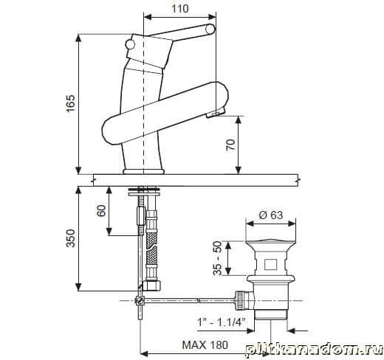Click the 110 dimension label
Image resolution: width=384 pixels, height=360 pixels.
pyautogui.click(x=180, y=9)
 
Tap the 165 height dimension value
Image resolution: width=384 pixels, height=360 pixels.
pyautogui.click(x=71, y=103)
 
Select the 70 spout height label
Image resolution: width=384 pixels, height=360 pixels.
pyautogui.click(x=230, y=145)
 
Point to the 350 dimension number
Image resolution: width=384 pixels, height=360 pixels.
pyautogui.click(x=71, y=238)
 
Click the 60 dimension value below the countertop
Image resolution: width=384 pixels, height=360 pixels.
pyautogui.click(x=101, y=210)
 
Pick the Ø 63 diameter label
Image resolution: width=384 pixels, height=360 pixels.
pyautogui.click(x=271, y=215)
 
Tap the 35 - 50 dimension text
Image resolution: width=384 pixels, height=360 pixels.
pyautogui.click(x=218, y=258)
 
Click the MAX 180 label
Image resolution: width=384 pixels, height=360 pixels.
pyautogui.click(x=205, y=345)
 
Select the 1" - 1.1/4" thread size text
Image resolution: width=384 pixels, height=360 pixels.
pyautogui.click(x=222, y=322)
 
